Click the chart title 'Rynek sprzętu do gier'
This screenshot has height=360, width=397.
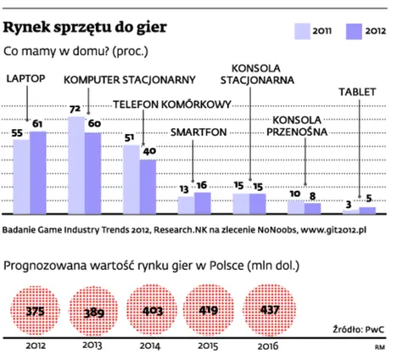pos(86,26)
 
